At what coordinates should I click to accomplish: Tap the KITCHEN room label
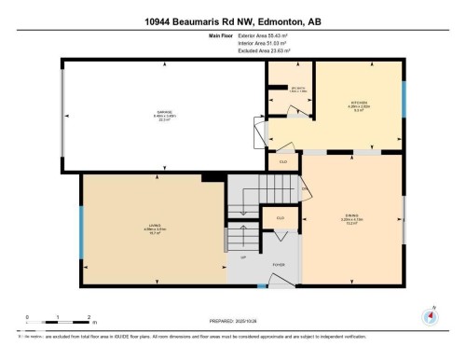pos(360,104)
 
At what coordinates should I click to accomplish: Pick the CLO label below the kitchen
pos(282,161)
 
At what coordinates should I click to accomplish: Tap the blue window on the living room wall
pos(81,229)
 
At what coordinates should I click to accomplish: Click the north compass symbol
pos(429,315)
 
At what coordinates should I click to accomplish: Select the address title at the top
pos(233,21)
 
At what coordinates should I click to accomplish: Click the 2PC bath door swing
pos(296,112)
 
